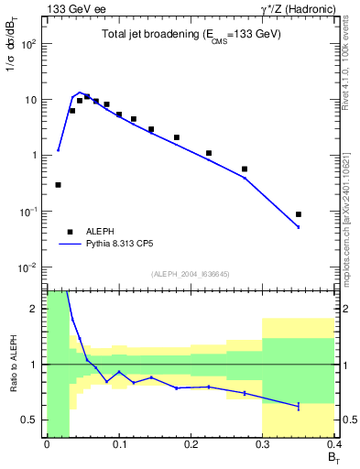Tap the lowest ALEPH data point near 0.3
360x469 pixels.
(x=58, y=185)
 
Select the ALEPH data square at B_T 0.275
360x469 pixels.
(x=245, y=169)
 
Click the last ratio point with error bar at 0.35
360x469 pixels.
(x=299, y=406)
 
